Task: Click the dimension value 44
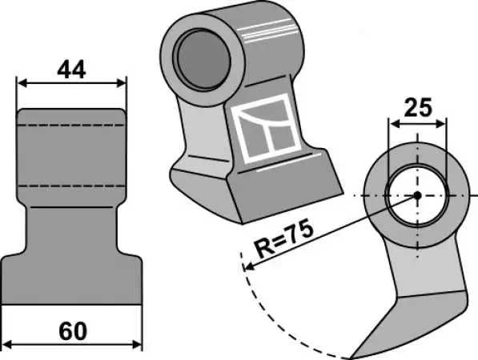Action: coord(71,70)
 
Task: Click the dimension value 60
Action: coord(73,332)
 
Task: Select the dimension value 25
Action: coord(418,107)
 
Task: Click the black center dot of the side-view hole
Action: coord(417,195)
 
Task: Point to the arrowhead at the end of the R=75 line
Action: coord(249,266)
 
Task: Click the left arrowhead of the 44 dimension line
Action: coord(22,83)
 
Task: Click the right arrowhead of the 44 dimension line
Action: coord(121,83)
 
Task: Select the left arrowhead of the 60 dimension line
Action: coord(6,345)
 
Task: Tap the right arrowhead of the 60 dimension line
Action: coord(137,345)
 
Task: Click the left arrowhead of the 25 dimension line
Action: coord(395,124)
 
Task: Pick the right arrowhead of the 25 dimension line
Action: coord(441,124)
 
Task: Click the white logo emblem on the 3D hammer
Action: coord(265,128)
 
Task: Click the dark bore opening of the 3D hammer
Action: coord(203,60)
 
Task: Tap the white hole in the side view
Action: coord(417,195)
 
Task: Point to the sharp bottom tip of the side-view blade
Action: coord(351,358)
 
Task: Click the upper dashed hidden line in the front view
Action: coord(71,125)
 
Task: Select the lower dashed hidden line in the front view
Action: coord(71,186)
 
